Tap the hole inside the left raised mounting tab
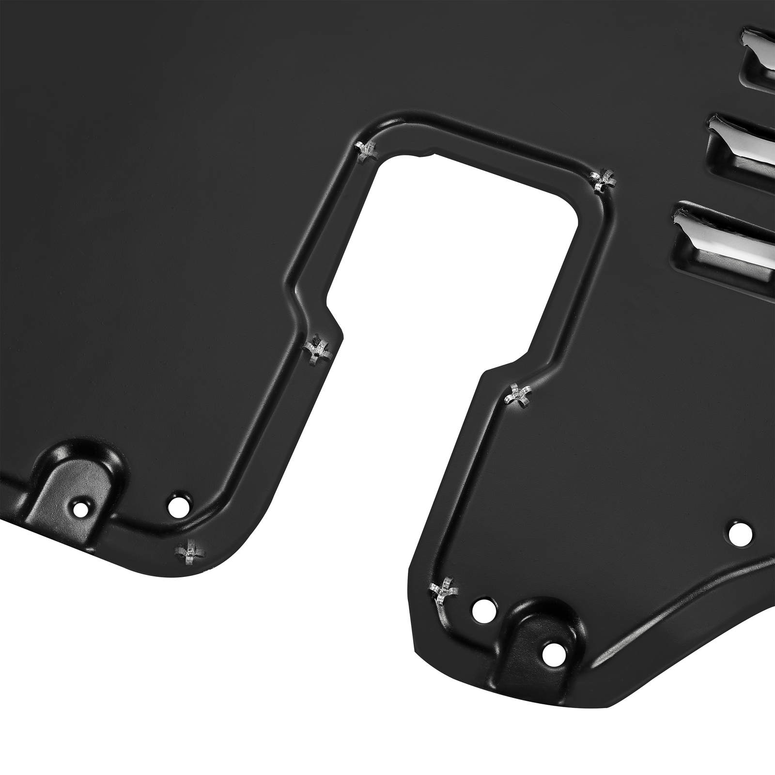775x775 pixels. point(79,508)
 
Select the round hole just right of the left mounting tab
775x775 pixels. point(179,505)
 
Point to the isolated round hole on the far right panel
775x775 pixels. point(741,533)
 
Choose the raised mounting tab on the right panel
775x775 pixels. point(542,630)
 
